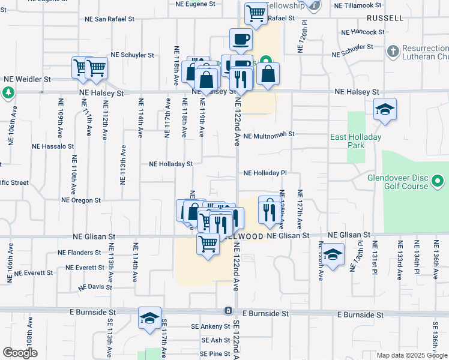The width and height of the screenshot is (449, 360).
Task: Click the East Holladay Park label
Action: pyautogui.click(x=356, y=142)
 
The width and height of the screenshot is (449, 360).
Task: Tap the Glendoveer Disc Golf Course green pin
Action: pyautogui.click(x=439, y=181)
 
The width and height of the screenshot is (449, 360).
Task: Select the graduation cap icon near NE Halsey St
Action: pyautogui.click(x=385, y=110)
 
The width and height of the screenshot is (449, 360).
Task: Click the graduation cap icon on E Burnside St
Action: pyautogui.click(x=149, y=318)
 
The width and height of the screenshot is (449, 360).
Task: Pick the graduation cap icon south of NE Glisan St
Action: pyautogui.click(x=332, y=255)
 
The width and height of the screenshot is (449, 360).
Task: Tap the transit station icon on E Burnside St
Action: pyautogui.click(x=228, y=311)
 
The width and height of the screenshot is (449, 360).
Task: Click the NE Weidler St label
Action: pyautogui.click(x=27, y=79)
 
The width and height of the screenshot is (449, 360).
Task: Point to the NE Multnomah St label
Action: pyautogui.click(x=269, y=136)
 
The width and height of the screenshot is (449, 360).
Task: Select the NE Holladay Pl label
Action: pyautogui.click(x=265, y=173)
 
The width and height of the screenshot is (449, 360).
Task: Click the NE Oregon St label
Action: pyautogui.click(x=81, y=200)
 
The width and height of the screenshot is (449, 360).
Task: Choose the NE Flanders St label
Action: pyautogui.click(x=80, y=253)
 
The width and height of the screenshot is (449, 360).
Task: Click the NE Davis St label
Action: pyautogui.click(x=92, y=287)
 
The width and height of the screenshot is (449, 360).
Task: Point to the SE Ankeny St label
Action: pyautogui.click(x=210, y=326)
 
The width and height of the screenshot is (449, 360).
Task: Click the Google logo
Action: pyautogui.click(x=20, y=353)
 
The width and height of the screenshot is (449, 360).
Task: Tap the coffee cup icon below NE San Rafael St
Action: pyautogui.click(x=241, y=40)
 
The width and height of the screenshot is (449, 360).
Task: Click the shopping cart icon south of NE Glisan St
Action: pyautogui.click(x=208, y=244)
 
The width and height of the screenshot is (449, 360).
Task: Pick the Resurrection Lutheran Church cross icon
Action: pyautogui.click(x=394, y=50)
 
